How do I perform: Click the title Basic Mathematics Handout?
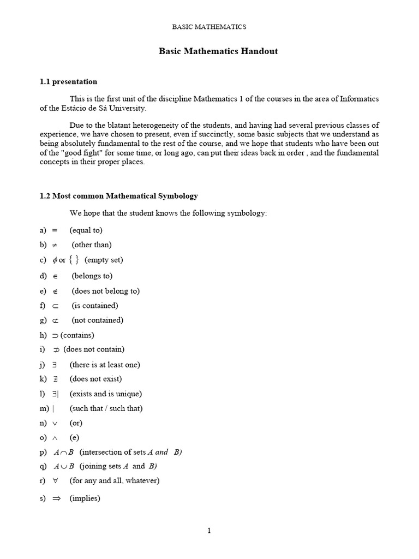tap(218, 51)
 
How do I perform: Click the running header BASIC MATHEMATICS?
tap(209, 26)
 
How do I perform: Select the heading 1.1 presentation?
tap(68, 82)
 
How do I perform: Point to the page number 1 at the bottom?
tap(209, 531)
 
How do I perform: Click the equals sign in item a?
tap(55, 230)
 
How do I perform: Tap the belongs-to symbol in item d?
tap(55, 276)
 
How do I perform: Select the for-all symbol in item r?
tap(56, 481)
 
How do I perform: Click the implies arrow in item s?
tap(56, 498)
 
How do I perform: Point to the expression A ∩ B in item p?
tap(64, 452)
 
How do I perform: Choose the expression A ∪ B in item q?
tap(64, 466)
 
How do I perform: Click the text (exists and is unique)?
tap(106, 394)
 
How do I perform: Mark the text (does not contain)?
tap(94, 349)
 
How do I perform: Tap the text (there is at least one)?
tap(105, 365)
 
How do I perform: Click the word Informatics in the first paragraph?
tap(359, 99)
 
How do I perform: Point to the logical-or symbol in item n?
tap(56, 423)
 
